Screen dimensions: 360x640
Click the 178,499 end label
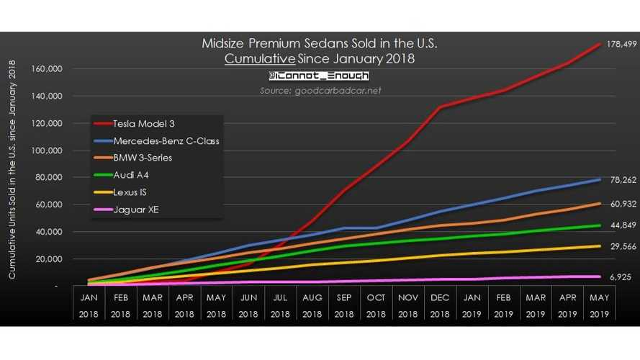coord(618,45)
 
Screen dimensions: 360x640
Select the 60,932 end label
coord(617,204)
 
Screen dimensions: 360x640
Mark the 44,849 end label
coord(617,226)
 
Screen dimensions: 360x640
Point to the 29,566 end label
coord(617,247)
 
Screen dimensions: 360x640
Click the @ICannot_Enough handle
coord(319,76)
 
